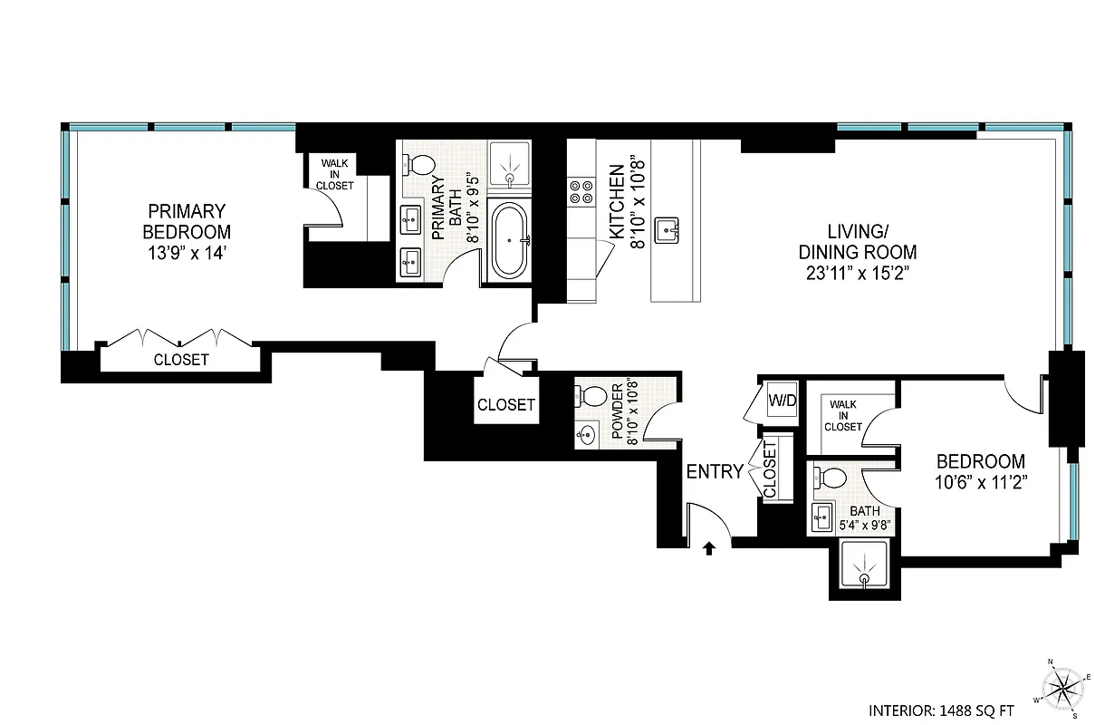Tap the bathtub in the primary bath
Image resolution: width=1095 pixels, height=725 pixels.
coord(512,240)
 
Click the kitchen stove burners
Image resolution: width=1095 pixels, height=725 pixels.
coord(580,191)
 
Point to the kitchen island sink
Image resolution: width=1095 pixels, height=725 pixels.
coord(670,231)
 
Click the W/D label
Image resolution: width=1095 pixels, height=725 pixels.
coord(782,401)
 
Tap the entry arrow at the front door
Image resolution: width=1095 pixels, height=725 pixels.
coord(710,547)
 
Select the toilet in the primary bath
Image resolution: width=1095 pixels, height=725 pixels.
coord(420,165)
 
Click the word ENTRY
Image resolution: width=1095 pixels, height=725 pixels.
coord(715,471)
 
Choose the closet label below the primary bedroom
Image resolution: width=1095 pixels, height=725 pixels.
coord(181,359)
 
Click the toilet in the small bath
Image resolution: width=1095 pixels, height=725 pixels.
coord(826,477)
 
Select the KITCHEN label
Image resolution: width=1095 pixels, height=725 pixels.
coord(617,201)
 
